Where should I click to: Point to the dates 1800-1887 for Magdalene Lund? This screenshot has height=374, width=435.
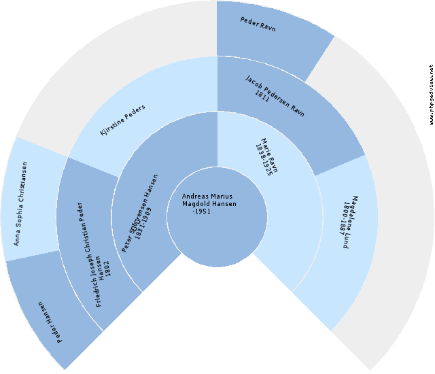coord(345,218)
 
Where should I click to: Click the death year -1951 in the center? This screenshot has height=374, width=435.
coord(202,211)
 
